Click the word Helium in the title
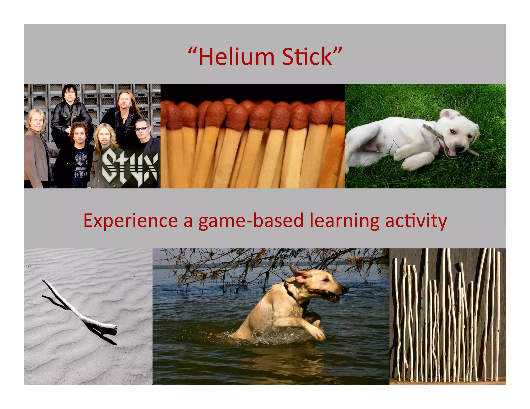[236, 57]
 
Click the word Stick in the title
[307, 57]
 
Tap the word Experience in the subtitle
[130, 221]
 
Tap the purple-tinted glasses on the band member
[142, 128]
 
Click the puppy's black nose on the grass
[459, 148]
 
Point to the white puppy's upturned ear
[449, 114]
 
